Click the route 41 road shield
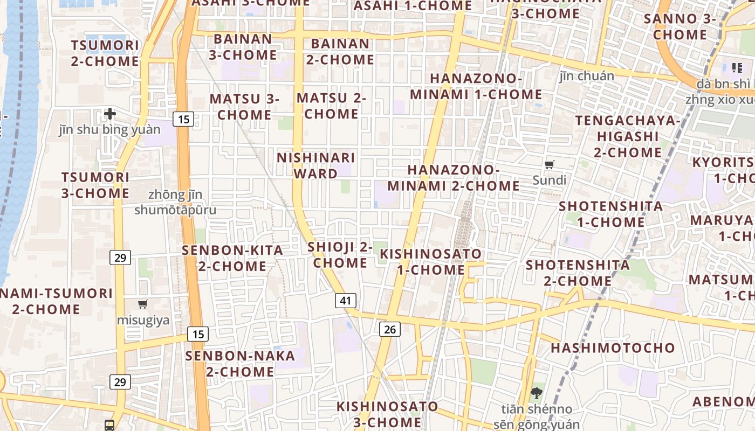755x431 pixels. (345, 301)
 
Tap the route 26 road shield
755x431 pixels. (390, 329)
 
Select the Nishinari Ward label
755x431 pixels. (316, 165)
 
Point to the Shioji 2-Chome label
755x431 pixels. (340, 255)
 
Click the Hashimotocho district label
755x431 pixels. (613, 348)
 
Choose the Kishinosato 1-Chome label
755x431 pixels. (430, 261)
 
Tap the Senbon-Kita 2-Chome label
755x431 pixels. (232, 258)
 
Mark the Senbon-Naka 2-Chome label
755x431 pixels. (240, 364)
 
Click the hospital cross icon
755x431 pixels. (110, 114)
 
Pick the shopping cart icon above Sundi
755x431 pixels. (550, 164)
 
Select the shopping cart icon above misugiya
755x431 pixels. (143, 304)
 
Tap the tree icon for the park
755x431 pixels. (536, 393)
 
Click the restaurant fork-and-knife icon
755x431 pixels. (737, 68)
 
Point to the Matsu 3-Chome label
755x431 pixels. (244, 107)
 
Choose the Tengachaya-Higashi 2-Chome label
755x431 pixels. (628, 136)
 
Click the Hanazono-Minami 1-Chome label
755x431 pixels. (476, 86)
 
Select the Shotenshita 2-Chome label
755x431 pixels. (578, 273)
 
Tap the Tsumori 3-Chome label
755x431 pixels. (95, 185)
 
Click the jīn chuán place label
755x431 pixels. (587, 76)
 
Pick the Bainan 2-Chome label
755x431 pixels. (340, 51)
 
